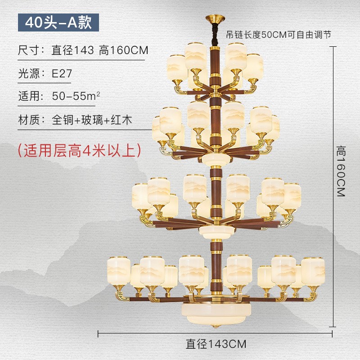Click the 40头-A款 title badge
coord(58,22)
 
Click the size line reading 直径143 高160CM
coord(100,50)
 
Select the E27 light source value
coord(62,74)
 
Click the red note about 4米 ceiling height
coord(79,150)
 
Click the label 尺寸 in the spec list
coord(27,50)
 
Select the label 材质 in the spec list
coord(27,120)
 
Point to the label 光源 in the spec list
coord(27,74)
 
